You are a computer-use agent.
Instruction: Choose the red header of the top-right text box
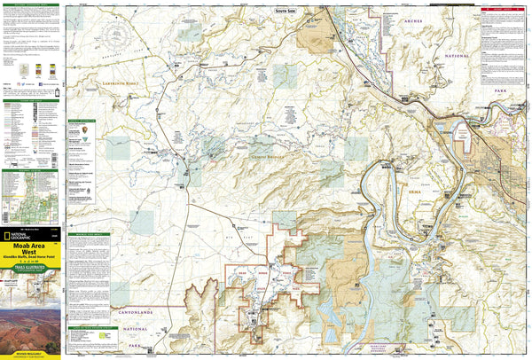505,10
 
